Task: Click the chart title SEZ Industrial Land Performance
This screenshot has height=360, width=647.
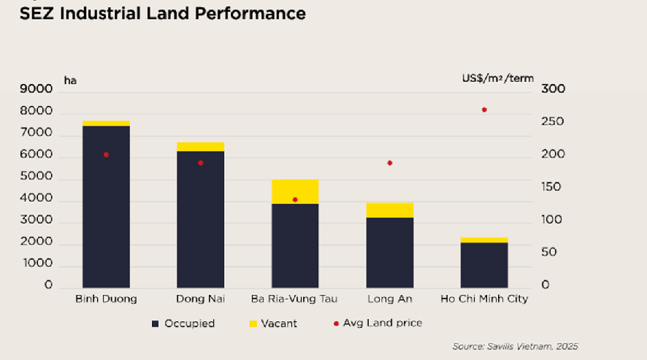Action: point(162,14)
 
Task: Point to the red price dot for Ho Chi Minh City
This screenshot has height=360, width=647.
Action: point(484,110)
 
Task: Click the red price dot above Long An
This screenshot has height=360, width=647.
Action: point(390,163)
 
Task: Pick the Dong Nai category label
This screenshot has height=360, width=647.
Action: point(201,299)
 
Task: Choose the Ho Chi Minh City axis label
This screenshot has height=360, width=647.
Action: point(484,299)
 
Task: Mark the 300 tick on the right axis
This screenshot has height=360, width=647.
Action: point(553,90)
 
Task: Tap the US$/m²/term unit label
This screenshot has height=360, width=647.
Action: point(497,78)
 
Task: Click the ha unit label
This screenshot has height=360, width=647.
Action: point(70,80)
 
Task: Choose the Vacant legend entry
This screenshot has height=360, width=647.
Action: point(273,323)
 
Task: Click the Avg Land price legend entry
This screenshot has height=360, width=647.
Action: point(377,323)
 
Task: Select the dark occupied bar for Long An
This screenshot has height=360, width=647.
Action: point(390,252)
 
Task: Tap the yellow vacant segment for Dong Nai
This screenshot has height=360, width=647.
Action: point(201,147)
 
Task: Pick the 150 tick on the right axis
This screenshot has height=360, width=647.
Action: point(553,188)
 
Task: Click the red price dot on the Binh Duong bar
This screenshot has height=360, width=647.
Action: point(106,155)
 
